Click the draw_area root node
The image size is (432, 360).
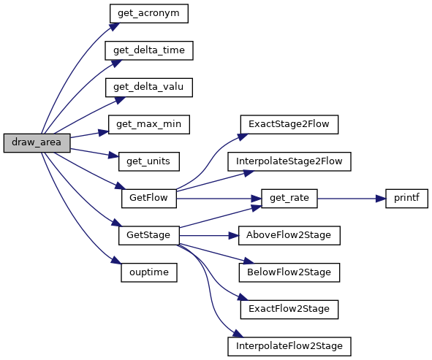[x=37, y=143]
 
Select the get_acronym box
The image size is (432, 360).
[x=149, y=13]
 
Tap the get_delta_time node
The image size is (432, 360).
[x=149, y=50]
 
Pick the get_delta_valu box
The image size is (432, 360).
[x=149, y=88]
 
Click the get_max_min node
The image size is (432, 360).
[x=149, y=125]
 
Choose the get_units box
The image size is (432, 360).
[x=149, y=161]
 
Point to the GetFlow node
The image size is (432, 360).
[x=149, y=199]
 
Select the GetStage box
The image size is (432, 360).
[x=149, y=236]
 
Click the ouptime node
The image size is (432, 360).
[x=149, y=272]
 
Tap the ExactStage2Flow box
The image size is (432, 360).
[x=289, y=125]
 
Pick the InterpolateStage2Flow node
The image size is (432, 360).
[x=289, y=161]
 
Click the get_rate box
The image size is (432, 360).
[x=289, y=199]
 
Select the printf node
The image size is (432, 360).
[x=406, y=199]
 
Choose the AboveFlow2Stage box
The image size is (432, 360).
[x=289, y=236]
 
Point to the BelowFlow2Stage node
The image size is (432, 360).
[x=289, y=272]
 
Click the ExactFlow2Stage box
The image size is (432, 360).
[x=289, y=310]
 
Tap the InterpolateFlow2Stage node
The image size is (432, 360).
[x=289, y=347]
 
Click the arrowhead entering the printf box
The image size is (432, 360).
[x=381, y=199]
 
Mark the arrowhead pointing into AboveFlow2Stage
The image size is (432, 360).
[x=234, y=236]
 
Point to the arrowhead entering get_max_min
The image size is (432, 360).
[x=104, y=133]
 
